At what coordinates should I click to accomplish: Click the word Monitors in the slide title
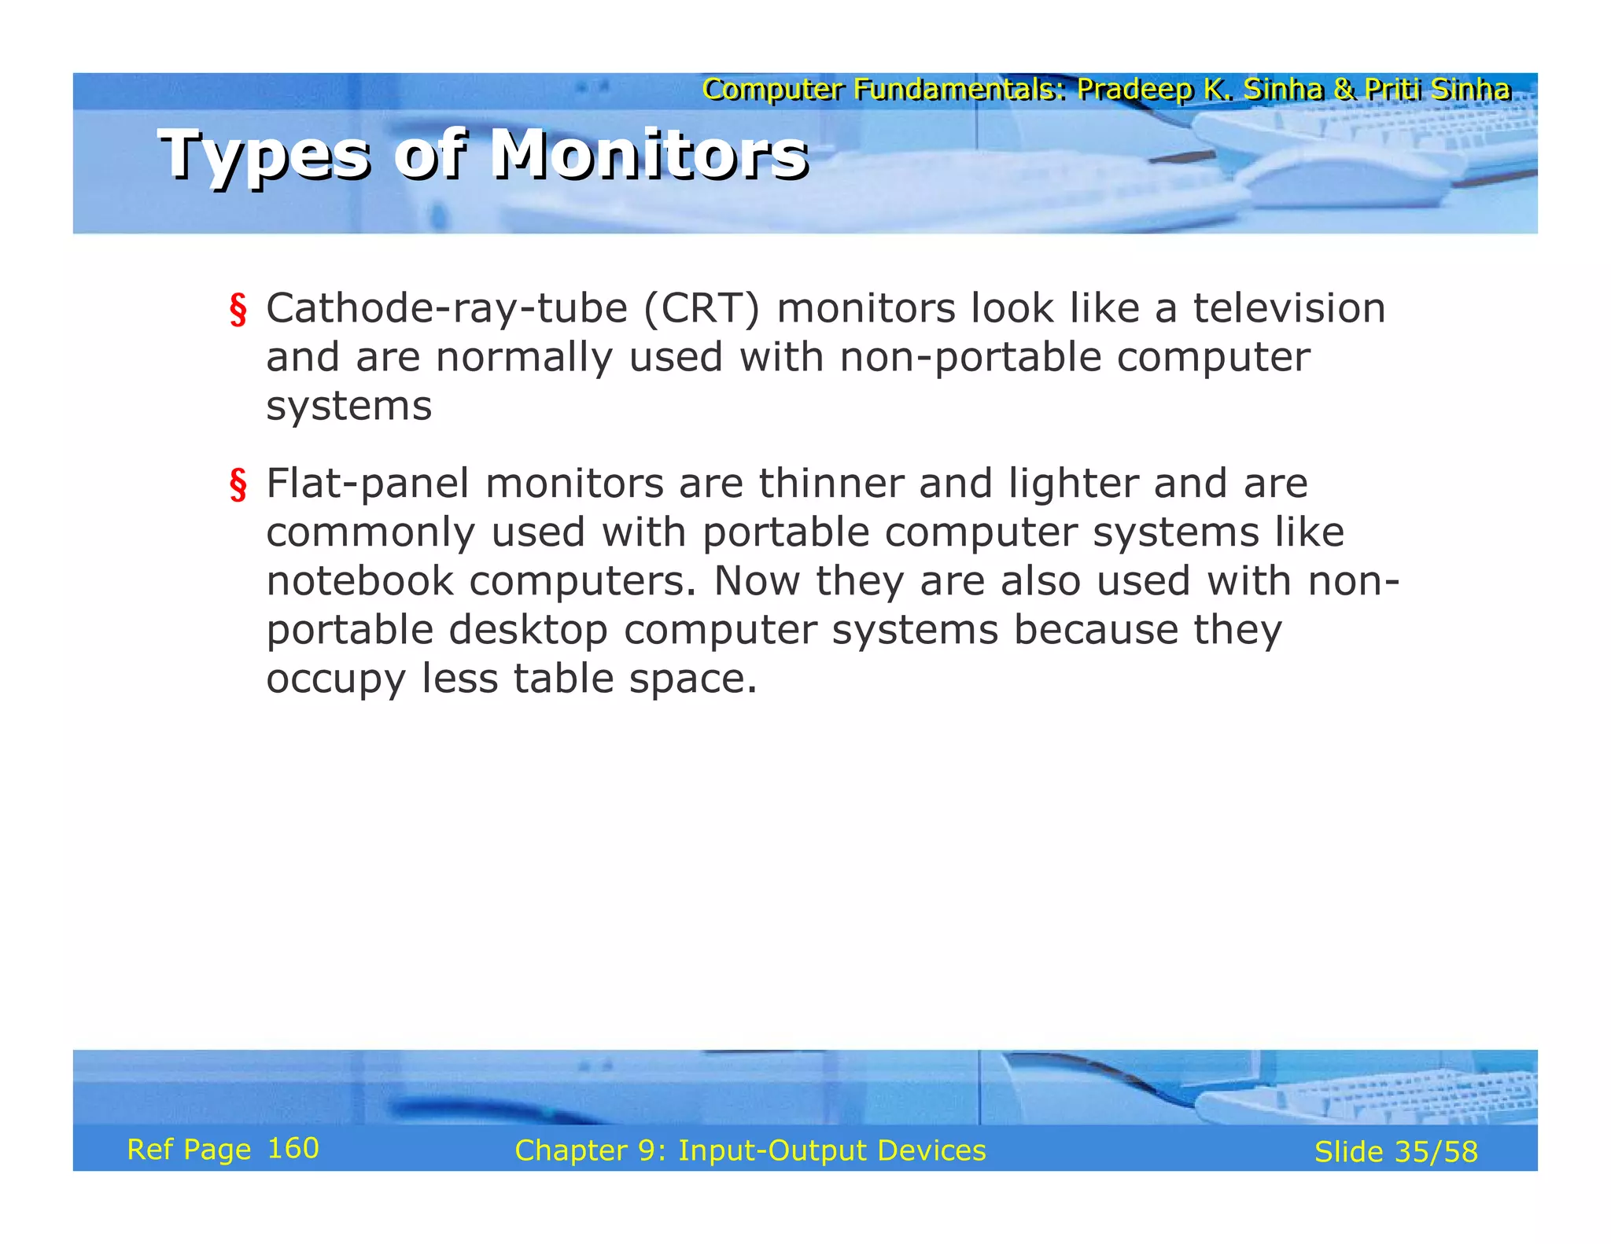pos(649,154)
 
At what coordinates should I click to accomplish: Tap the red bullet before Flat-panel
pos(238,484)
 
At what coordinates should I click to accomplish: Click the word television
pos(1289,307)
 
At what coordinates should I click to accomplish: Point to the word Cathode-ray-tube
pos(446,308)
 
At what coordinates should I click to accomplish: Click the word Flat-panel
pos(367,484)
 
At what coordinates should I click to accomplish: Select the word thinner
pos(831,483)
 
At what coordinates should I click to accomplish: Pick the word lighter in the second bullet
pos(1073,484)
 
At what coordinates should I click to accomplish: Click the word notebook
pos(359,581)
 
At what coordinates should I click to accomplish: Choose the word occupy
pos(335,680)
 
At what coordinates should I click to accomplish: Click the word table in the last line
pos(563,679)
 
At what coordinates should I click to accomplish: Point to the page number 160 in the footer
pos(293,1149)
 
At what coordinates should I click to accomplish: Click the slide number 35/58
pos(1436,1152)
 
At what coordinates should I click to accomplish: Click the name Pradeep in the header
pos(1135,90)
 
